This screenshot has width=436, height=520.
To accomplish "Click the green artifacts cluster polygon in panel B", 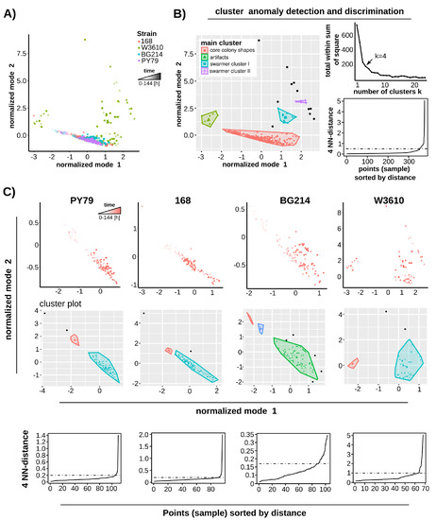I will [x=210, y=119].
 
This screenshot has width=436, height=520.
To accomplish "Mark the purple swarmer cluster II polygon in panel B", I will [x=301, y=101].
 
